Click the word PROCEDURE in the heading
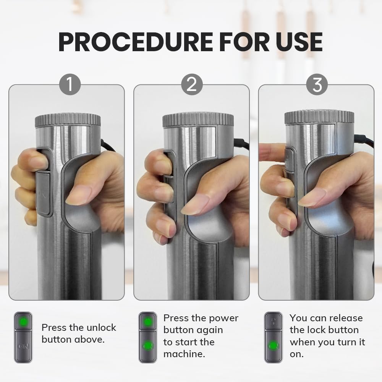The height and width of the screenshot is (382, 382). click(136, 42)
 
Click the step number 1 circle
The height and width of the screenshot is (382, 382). click(70, 84)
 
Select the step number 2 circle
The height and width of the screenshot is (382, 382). click(192, 84)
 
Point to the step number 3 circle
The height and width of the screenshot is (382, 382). click(317, 84)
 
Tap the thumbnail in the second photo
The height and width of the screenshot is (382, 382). click(195, 204)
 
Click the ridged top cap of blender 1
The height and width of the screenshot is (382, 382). click(68, 119)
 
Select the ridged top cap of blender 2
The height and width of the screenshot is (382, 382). click(198, 120)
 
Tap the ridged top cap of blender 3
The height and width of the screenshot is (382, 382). click(319, 117)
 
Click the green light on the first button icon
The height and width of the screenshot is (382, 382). click(23, 322)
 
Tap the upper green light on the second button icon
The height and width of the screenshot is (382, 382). click(147, 322)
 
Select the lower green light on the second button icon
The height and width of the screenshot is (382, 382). click(148, 345)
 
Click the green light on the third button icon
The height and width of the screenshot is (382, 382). click(274, 345)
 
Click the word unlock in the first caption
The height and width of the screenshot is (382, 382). click(101, 328)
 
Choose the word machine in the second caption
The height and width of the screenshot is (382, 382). click(184, 354)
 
